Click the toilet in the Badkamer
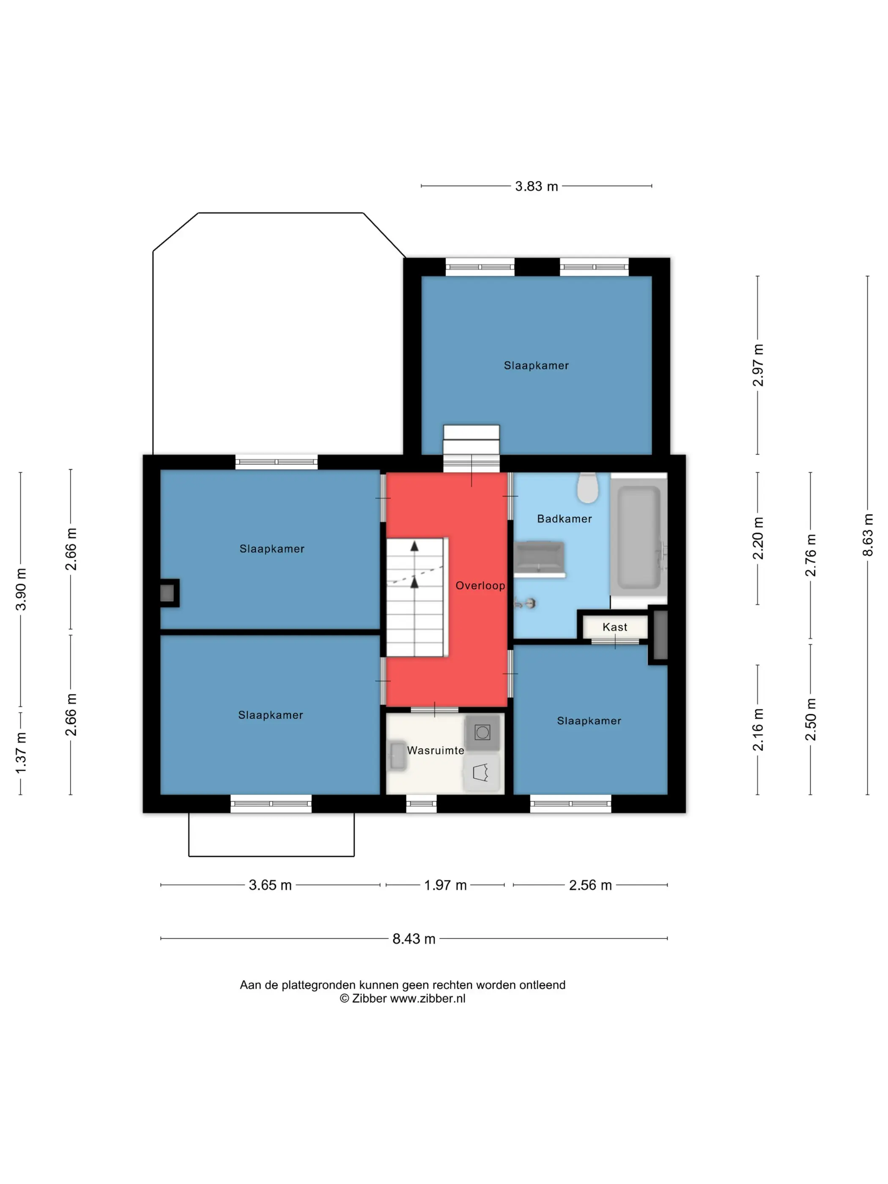pos(587,488)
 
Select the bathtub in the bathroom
pos(639,538)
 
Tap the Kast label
pos(614,627)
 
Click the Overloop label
pos(480,586)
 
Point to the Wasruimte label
pos(436,751)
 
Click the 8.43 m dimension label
pos(414,938)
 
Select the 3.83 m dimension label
pos(536,186)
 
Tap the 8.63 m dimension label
pos(867,535)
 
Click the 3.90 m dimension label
pos(20,589)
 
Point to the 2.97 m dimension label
pos(757,365)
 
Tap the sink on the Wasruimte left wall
pos(397,756)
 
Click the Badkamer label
pos(564,519)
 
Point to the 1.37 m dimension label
pos(20,753)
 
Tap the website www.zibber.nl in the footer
pos(428,998)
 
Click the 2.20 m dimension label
pos(757,538)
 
